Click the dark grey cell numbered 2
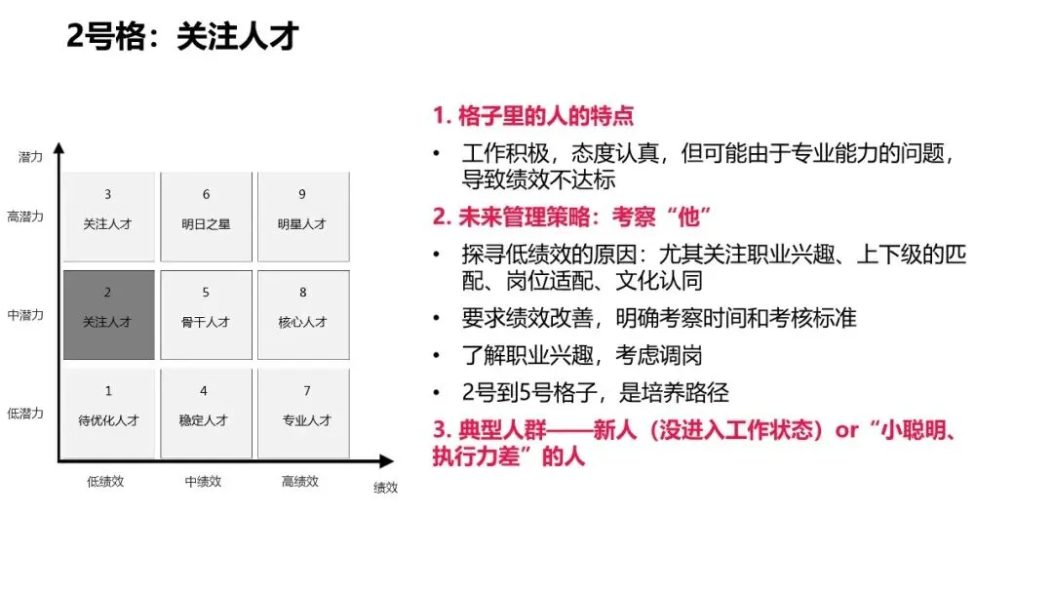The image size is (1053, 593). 108,314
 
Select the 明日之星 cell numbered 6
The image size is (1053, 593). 206,217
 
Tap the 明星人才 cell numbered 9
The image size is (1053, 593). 302,217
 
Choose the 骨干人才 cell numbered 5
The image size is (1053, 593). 206,314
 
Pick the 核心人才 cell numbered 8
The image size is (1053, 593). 302,314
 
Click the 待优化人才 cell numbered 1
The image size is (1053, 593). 108,412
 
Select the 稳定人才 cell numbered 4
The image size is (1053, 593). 206,412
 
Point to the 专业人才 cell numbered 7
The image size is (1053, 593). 302,412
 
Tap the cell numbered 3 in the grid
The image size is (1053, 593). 108,217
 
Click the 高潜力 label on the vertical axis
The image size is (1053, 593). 25,217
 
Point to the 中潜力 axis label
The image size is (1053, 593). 25,315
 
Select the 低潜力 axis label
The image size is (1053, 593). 25,413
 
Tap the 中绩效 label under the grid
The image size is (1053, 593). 203,481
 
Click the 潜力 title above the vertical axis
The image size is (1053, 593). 30,156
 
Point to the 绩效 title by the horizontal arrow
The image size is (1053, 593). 386,488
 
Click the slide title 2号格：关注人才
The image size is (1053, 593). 182,38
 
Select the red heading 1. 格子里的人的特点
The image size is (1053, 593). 533,116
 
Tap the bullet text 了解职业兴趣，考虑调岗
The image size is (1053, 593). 582,355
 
